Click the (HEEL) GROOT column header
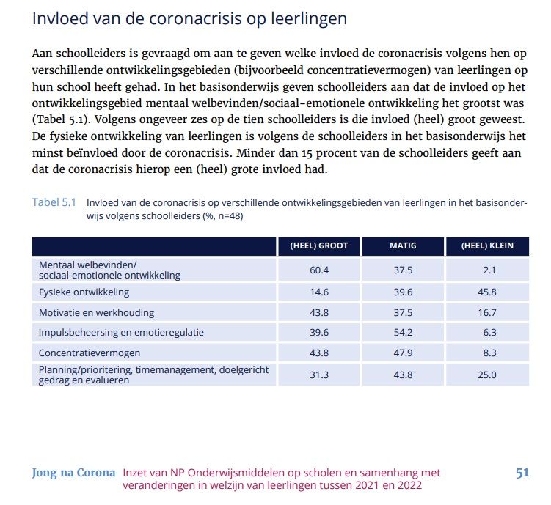coord(318,246)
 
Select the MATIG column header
coord(402,246)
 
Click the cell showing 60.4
coord(318,270)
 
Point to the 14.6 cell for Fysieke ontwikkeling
coord(318,292)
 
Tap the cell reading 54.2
coord(402,332)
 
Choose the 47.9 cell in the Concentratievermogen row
coord(402,353)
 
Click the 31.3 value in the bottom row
coord(318,375)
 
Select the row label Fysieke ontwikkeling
coord(84,292)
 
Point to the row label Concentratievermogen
coord(90,353)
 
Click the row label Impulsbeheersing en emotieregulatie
coord(121,332)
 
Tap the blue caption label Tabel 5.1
coord(54,202)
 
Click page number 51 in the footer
coord(522,473)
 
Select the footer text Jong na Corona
coord(73,473)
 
